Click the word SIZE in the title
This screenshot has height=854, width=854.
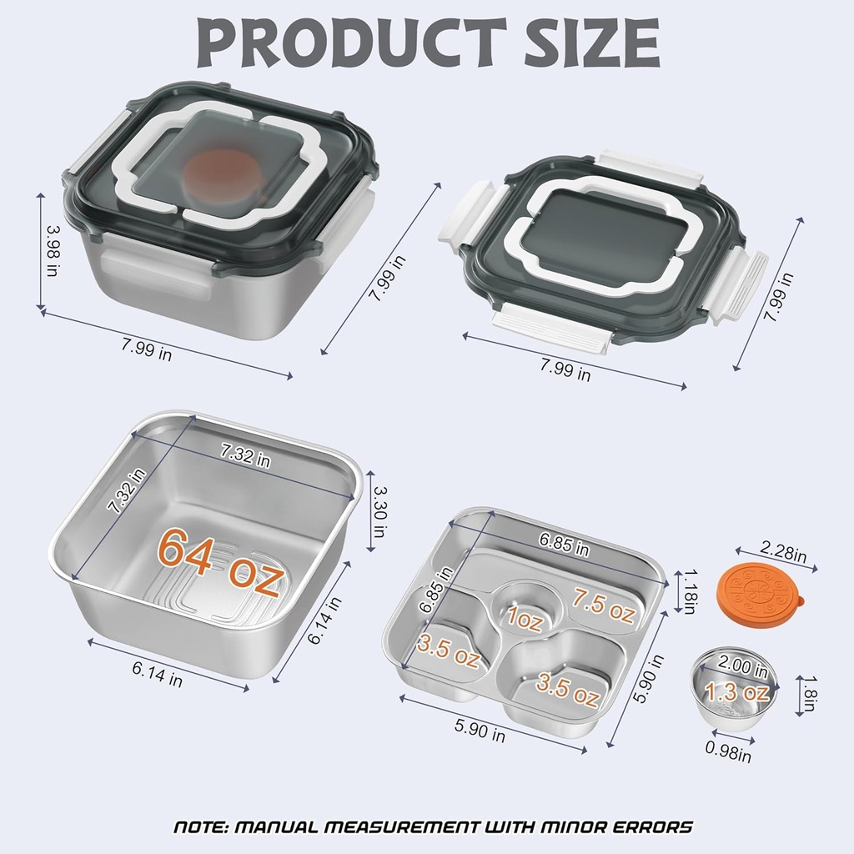591,42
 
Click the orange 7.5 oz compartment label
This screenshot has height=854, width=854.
604,605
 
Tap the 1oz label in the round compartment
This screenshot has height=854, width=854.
525,618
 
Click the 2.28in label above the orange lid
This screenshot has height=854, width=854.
783,552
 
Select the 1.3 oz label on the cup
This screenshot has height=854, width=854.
737,692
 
